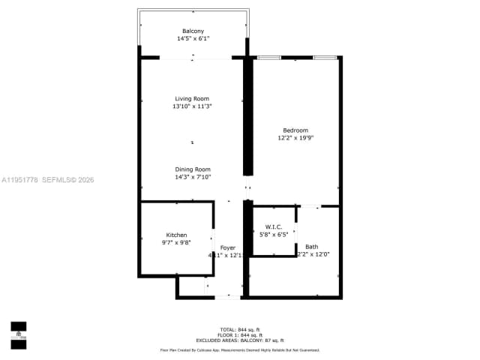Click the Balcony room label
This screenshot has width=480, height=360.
coord(193,31)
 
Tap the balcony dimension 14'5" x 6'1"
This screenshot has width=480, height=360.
coord(193,38)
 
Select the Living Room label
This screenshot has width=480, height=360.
coord(192,99)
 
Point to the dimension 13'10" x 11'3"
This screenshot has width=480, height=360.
coord(192,106)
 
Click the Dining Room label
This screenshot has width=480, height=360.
coord(193,169)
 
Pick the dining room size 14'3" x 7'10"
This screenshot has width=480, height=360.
coord(193,177)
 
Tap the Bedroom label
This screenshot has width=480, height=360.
coord(295,130)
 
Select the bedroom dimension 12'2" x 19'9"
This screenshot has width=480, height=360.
coord(295,138)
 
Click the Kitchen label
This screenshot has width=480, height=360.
coord(176,235)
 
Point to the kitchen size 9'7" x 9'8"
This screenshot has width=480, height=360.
coord(176,242)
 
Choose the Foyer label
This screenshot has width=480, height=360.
coord(227,247)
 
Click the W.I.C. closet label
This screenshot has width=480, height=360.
coord(273,226)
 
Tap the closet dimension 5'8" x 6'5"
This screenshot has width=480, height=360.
coord(273,234)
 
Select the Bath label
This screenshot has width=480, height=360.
coord(311,247)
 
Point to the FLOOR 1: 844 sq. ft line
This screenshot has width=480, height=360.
coord(241,335)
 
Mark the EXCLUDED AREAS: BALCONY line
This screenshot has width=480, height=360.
coord(241,340)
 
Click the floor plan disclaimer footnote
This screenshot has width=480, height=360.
coord(241,350)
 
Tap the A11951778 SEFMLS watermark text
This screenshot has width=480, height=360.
coord(47,180)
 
